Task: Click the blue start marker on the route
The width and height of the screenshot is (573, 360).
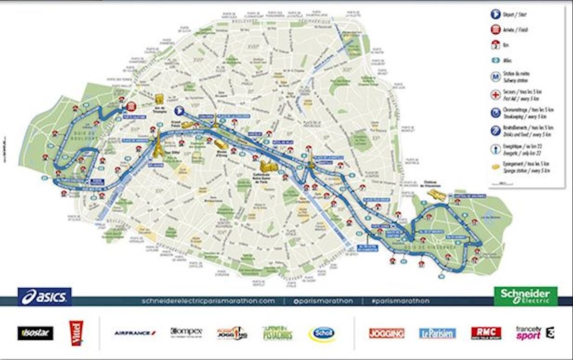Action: [179, 111]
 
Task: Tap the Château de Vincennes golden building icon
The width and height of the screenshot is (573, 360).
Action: [438, 194]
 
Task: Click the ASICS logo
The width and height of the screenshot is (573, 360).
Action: [44, 297]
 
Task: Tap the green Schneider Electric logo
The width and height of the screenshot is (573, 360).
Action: [525, 296]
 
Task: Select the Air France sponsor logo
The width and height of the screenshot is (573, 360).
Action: [135, 333]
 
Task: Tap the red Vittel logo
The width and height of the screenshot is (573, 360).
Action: [76, 332]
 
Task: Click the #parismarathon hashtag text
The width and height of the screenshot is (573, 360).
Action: [400, 301]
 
